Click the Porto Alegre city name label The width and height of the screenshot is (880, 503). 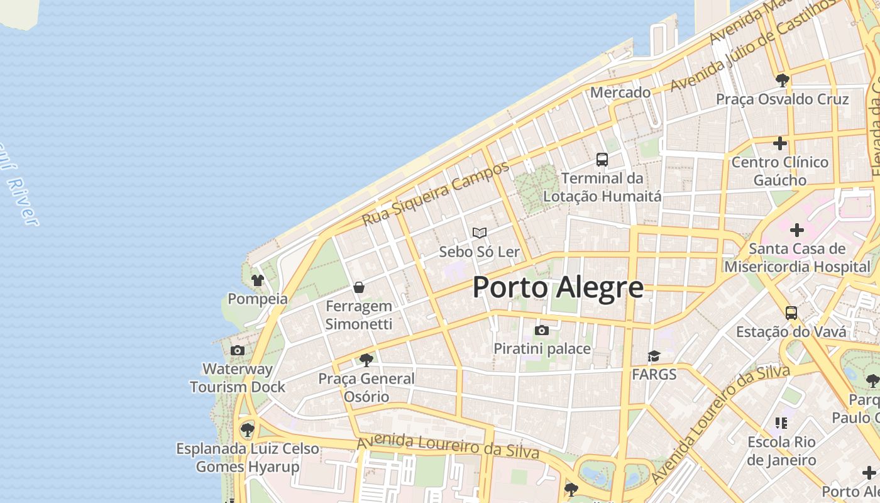(x=558, y=287)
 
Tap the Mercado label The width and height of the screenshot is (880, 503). (x=620, y=92)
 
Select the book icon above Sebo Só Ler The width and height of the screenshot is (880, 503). (x=480, y=233)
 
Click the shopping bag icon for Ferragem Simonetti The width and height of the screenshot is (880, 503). (x=359, y=287)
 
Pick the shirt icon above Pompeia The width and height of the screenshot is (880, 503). (x=257, y=280)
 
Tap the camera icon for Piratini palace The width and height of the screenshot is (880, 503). (x=541, y=330)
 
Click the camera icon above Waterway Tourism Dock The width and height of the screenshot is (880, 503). (x=238, y=350)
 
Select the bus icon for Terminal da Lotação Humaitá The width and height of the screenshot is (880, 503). (x=602, y=160)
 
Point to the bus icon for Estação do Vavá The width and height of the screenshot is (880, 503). (x=791, y=312)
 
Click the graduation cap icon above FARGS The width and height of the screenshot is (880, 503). (x=654, y=357)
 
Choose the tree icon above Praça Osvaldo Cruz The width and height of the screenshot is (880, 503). (x=783, y=80)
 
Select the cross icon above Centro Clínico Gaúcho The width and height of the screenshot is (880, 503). (x=780, y=143)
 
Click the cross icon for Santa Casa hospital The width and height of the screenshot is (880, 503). (x=797, y=230)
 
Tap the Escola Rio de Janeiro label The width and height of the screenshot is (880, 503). (x=782, y=451)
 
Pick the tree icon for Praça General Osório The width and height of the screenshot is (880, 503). (x=366, y=360)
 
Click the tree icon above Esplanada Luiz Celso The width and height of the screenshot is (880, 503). (x=248, y=430)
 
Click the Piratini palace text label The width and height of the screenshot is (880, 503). (x=542, y=348)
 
